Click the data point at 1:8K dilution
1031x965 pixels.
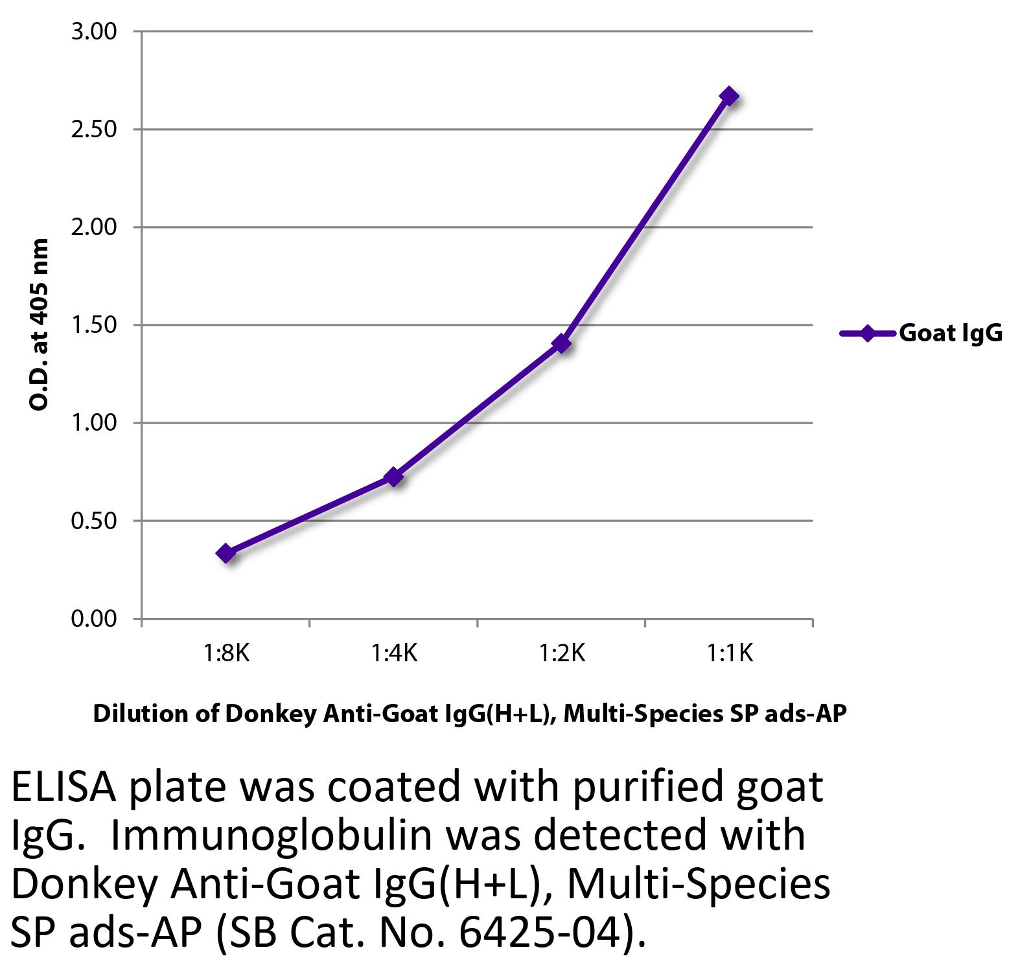[x=226, y=553]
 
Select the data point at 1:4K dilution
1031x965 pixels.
[x=393, y=477]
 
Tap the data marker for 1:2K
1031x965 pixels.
[x=562, y=343]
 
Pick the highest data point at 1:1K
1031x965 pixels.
[x=729, y=96]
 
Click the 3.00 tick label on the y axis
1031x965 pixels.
[x=94, y=31]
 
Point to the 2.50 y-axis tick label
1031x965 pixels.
[x=94, y=129]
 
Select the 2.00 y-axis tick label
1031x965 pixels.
[x=94, y=227]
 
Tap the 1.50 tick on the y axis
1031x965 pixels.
[x=94, y=324]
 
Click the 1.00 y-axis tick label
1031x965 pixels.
[x=94, y=423]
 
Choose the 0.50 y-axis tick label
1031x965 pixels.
[x=94, y=521]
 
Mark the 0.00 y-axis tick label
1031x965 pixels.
[x=94, y=619]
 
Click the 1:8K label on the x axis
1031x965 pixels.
[x=226, y=653]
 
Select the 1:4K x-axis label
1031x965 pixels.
[x=393, y=653]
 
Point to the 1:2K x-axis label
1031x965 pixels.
[x=562, y=653]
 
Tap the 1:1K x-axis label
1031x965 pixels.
[x=730, y=653]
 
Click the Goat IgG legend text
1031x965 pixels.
[x=950, y=333]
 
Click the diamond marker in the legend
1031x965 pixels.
[x=867, y=333]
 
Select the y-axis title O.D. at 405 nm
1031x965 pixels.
[x=40, y=324]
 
